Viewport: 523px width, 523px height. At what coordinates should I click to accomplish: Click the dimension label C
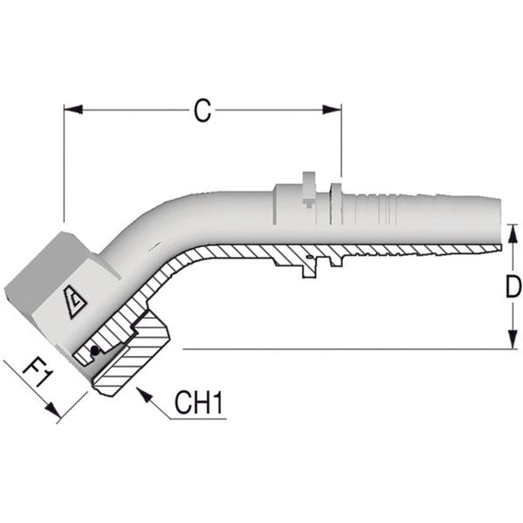[203, 111]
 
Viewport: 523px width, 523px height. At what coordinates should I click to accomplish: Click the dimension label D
[513, 287]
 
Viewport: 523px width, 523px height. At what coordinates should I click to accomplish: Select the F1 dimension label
[36, 373]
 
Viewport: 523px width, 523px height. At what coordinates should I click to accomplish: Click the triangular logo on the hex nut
[75, 302]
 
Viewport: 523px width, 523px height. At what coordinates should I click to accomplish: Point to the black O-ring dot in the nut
[94, 351]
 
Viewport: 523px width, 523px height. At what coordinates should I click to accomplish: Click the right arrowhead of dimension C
[333, 110]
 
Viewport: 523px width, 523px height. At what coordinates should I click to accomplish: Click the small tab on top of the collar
[309, 181]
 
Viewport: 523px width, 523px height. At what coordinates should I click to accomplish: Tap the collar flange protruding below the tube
[309, 267]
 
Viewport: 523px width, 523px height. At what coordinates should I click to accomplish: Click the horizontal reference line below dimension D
[343, 349]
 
